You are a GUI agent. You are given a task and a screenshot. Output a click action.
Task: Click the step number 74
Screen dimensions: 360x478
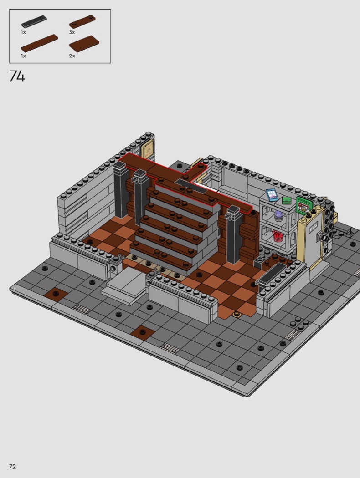[17, 76]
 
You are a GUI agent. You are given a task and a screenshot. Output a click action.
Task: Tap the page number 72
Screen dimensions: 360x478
[12, 467]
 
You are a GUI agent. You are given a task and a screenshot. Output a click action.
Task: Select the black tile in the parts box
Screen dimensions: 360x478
[34, 21]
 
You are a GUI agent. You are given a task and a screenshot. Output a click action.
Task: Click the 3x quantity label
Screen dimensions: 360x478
[72, 32]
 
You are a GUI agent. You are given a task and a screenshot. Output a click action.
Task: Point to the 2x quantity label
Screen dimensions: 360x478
[72, 56]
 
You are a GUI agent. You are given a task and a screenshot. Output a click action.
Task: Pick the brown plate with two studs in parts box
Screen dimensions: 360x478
[82, 21]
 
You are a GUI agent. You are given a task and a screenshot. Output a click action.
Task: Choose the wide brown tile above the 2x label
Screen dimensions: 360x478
[84, 44]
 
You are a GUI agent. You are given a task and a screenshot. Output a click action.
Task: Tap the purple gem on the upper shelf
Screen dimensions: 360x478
[279, 216]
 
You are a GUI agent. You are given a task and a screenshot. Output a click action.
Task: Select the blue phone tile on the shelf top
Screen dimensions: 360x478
[272, 195]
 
